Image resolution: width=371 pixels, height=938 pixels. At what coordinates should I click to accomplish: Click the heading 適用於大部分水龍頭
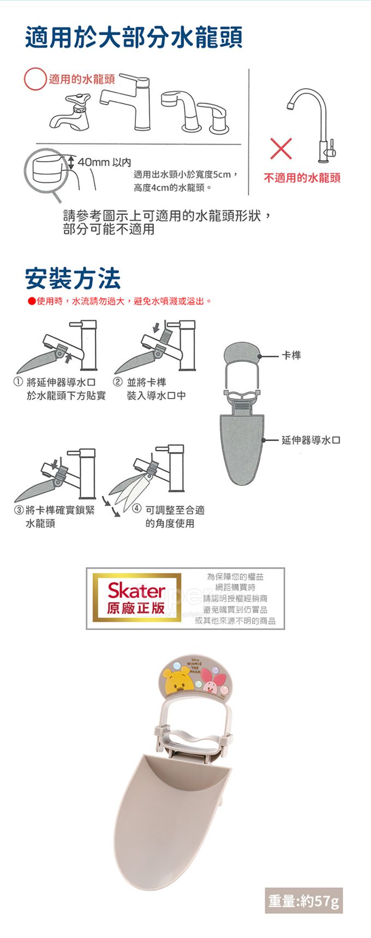(x=134, y=37)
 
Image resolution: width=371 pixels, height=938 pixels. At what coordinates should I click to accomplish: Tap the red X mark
(x=280, y=150)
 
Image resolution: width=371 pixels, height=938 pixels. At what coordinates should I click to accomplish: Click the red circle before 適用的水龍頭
(x=35, y=79)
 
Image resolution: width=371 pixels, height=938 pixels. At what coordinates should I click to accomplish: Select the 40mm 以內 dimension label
(x=104, y=162)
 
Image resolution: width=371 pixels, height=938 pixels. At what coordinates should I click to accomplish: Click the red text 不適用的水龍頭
(x=302, y=178)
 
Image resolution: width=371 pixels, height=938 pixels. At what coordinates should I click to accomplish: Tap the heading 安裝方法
(x=73, y=278)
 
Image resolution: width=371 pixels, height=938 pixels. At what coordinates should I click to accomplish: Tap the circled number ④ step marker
(x=137, y=510)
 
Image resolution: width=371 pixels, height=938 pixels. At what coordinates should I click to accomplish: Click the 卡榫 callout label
(x=291, y=355)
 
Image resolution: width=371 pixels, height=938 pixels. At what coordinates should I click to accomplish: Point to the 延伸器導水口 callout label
(x=310, y=440)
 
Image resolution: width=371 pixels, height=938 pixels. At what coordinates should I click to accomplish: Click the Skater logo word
(x=136, y=590)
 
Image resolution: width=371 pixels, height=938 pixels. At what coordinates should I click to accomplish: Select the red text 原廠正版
(x=136, y=608)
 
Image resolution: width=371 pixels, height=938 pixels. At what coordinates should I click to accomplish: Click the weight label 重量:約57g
(x=304, y=900)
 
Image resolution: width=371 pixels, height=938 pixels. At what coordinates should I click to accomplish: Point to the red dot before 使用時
(x=32, y=301)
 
